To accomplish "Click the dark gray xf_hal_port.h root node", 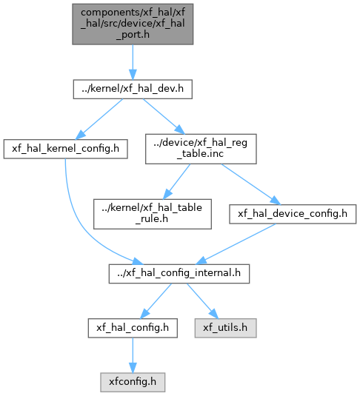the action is pos(133,24).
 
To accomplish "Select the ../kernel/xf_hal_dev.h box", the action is pos(133,89).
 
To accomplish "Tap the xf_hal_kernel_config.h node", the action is pos(65,149).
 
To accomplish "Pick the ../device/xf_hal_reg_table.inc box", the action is pos(201,149).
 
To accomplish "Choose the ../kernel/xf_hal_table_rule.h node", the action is pos(153,214).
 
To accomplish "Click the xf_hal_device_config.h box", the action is pos(293,214).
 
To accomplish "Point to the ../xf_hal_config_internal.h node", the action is pos(179,274).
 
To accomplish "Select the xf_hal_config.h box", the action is pos(133,328).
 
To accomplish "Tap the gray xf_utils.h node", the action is pos(225,328).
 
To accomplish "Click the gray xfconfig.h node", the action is pos(133,383).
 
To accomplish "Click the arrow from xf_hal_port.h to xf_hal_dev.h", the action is pos(133,62).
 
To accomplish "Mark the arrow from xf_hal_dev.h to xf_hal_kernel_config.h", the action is pos(99,119).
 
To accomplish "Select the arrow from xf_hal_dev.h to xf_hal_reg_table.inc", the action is pos(164,116).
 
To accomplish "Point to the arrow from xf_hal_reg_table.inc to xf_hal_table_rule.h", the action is pos(176,181).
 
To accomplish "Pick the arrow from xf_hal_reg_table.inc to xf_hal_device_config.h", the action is pos(251,184).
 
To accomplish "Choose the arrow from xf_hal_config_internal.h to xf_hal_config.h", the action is pos(156,301).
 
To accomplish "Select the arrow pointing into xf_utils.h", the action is pos(202,301).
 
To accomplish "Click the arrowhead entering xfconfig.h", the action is pos(133,368).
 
